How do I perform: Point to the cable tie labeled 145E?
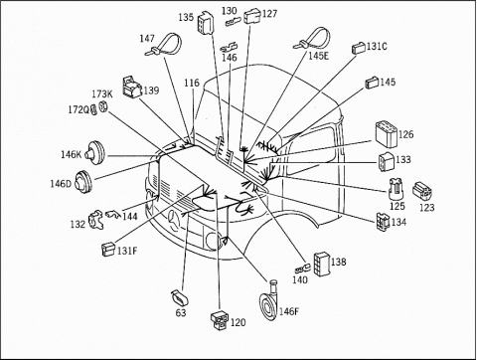pos(312,39)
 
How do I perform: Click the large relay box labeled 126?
pos(386,134)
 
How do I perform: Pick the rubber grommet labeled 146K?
pos(94,153)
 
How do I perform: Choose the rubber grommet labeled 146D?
pos(82,182)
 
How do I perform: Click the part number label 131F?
pos(127,251)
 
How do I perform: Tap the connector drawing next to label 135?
pos(206,23)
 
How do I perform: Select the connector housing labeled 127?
pos(252,17)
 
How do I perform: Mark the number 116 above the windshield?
pos(192,83)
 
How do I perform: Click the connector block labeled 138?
pos(322,264)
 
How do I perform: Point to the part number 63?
pos(181,312)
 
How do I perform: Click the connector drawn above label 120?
pos(220,320)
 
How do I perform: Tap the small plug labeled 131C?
pos(359,48)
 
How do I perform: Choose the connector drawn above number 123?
pos(422,190)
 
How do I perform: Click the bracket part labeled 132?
pos(96,220)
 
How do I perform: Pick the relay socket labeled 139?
pos(132,87)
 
